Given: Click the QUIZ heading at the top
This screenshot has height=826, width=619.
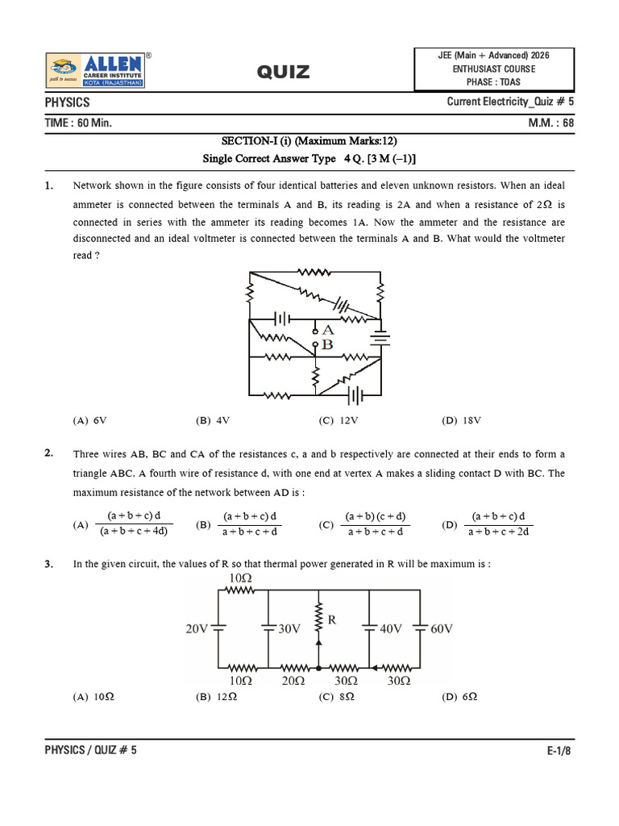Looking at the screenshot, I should (283, 73).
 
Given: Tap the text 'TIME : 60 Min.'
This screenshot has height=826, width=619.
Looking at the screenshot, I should (78, 123).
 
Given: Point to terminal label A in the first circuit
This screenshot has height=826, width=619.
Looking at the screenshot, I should (327, 330).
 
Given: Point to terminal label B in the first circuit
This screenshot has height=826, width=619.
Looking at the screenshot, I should (327, 344).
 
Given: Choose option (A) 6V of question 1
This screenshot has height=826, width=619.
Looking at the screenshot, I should (89, 420).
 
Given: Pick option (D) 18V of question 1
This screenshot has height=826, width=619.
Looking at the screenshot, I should (461, 420).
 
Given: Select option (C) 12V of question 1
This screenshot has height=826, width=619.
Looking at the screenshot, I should (338, 420).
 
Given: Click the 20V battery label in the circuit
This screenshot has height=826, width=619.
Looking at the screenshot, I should (198, 629).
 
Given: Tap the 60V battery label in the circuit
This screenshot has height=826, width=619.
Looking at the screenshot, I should (442, 629).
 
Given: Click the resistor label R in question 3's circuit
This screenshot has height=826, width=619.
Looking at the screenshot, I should (331, 620).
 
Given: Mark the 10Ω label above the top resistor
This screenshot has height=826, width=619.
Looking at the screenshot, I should (241, 578).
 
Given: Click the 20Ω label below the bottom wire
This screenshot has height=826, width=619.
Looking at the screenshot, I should (293, 682).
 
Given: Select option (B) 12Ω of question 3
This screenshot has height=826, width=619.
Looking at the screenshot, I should (216, 696).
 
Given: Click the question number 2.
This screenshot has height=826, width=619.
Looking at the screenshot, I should (49, 453).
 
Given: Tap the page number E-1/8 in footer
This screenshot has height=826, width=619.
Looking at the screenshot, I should (559, 750).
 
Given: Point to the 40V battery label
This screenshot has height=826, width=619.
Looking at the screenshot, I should (392, 629).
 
